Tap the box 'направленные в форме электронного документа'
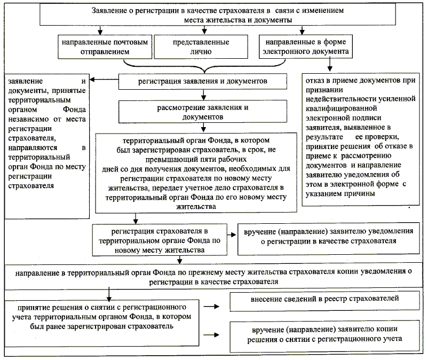coord(303,47)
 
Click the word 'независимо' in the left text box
coord(27,120)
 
